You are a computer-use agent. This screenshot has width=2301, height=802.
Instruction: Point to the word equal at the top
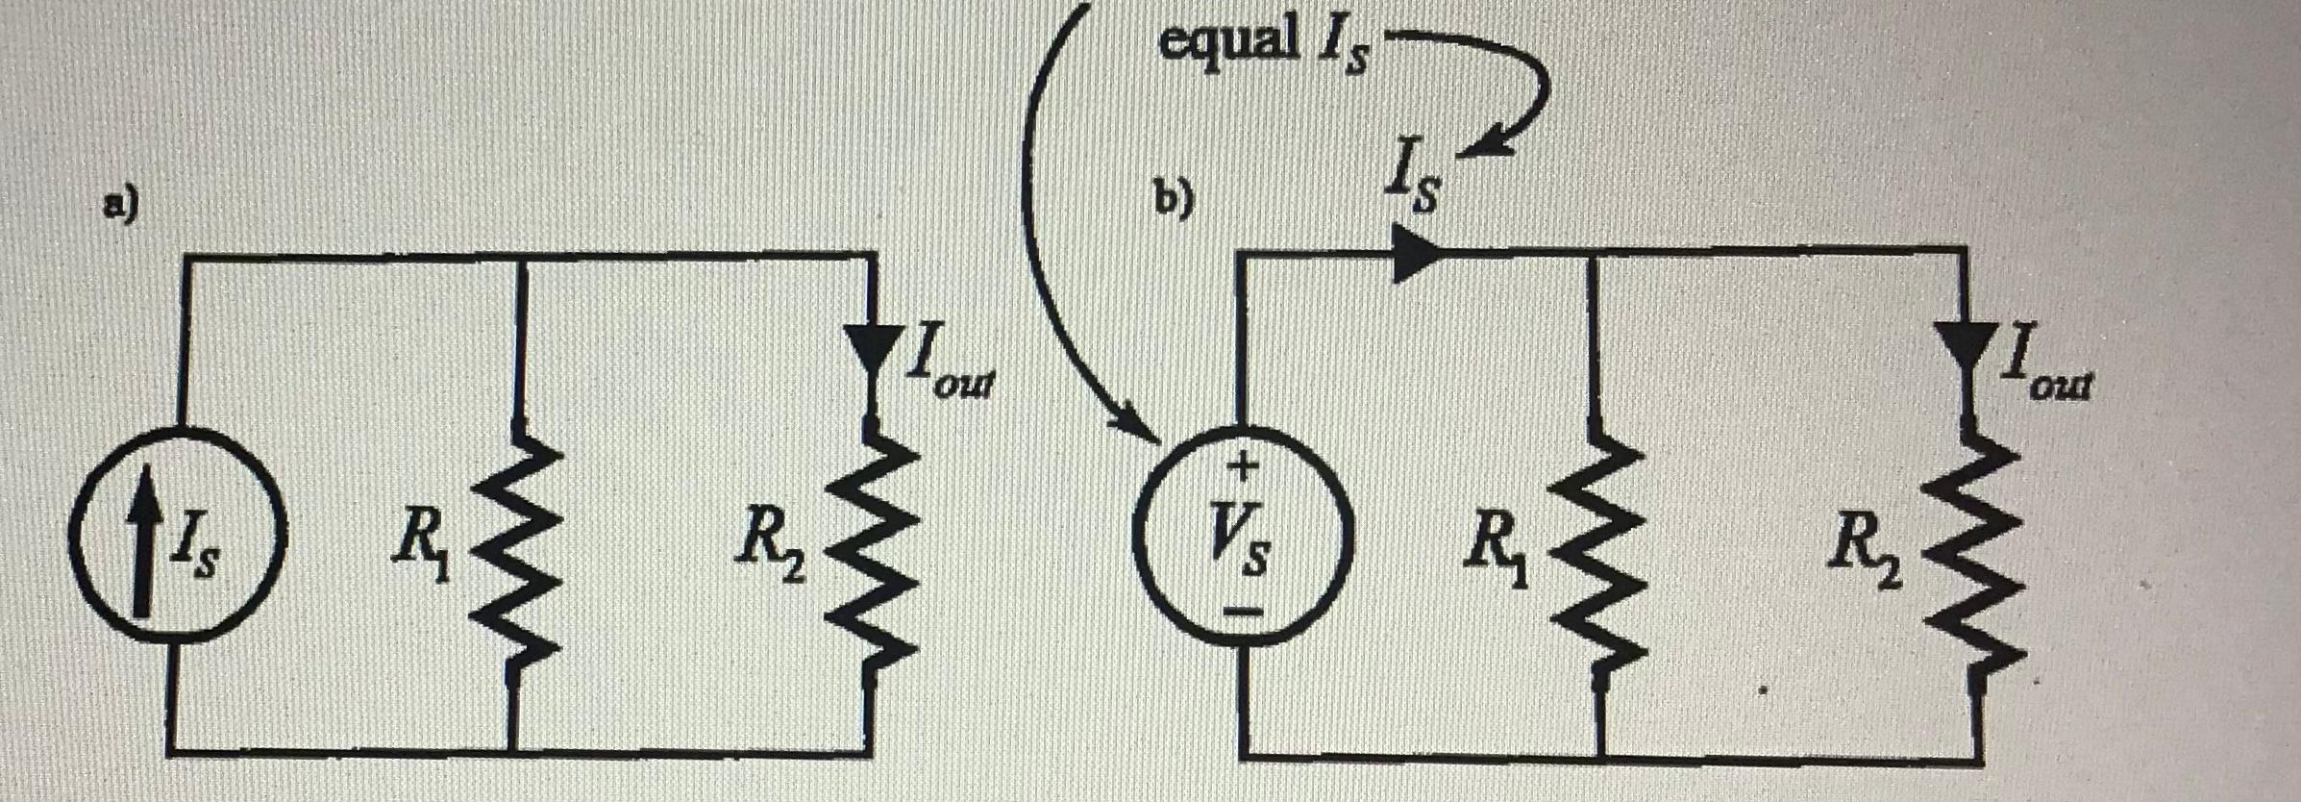pos(1226,40)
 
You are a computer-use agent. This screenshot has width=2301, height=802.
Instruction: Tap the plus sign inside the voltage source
pos(1244,467)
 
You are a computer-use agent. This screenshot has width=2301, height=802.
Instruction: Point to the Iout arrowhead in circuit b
pos(1967,346)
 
